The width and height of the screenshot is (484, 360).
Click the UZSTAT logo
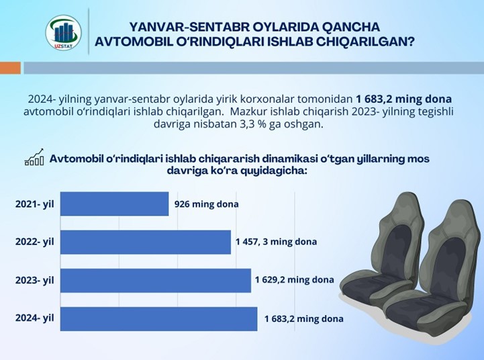[64, 33]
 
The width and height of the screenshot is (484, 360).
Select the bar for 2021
[115, 204]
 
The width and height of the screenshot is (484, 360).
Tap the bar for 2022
[146, 242]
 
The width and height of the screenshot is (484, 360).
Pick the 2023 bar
[156, 280]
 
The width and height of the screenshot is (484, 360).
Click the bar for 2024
[159, 319]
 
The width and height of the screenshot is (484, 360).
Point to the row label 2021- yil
[35, 204]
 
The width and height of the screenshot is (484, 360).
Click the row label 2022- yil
[35, 241]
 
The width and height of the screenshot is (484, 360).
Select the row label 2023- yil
[35, 280]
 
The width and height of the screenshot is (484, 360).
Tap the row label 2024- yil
[35, 318]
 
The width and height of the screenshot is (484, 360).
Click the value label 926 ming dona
[207, 204]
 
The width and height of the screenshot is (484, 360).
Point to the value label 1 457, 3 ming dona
[277, 241]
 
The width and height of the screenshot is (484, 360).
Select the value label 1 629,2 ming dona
[295, 279]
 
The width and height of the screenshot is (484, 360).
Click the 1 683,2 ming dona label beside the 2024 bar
[303, 318]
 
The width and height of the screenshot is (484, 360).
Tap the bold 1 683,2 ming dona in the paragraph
[403, 99]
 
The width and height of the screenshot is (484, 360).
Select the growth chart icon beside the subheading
[34, 157]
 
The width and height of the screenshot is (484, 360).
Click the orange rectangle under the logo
[10, 68]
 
